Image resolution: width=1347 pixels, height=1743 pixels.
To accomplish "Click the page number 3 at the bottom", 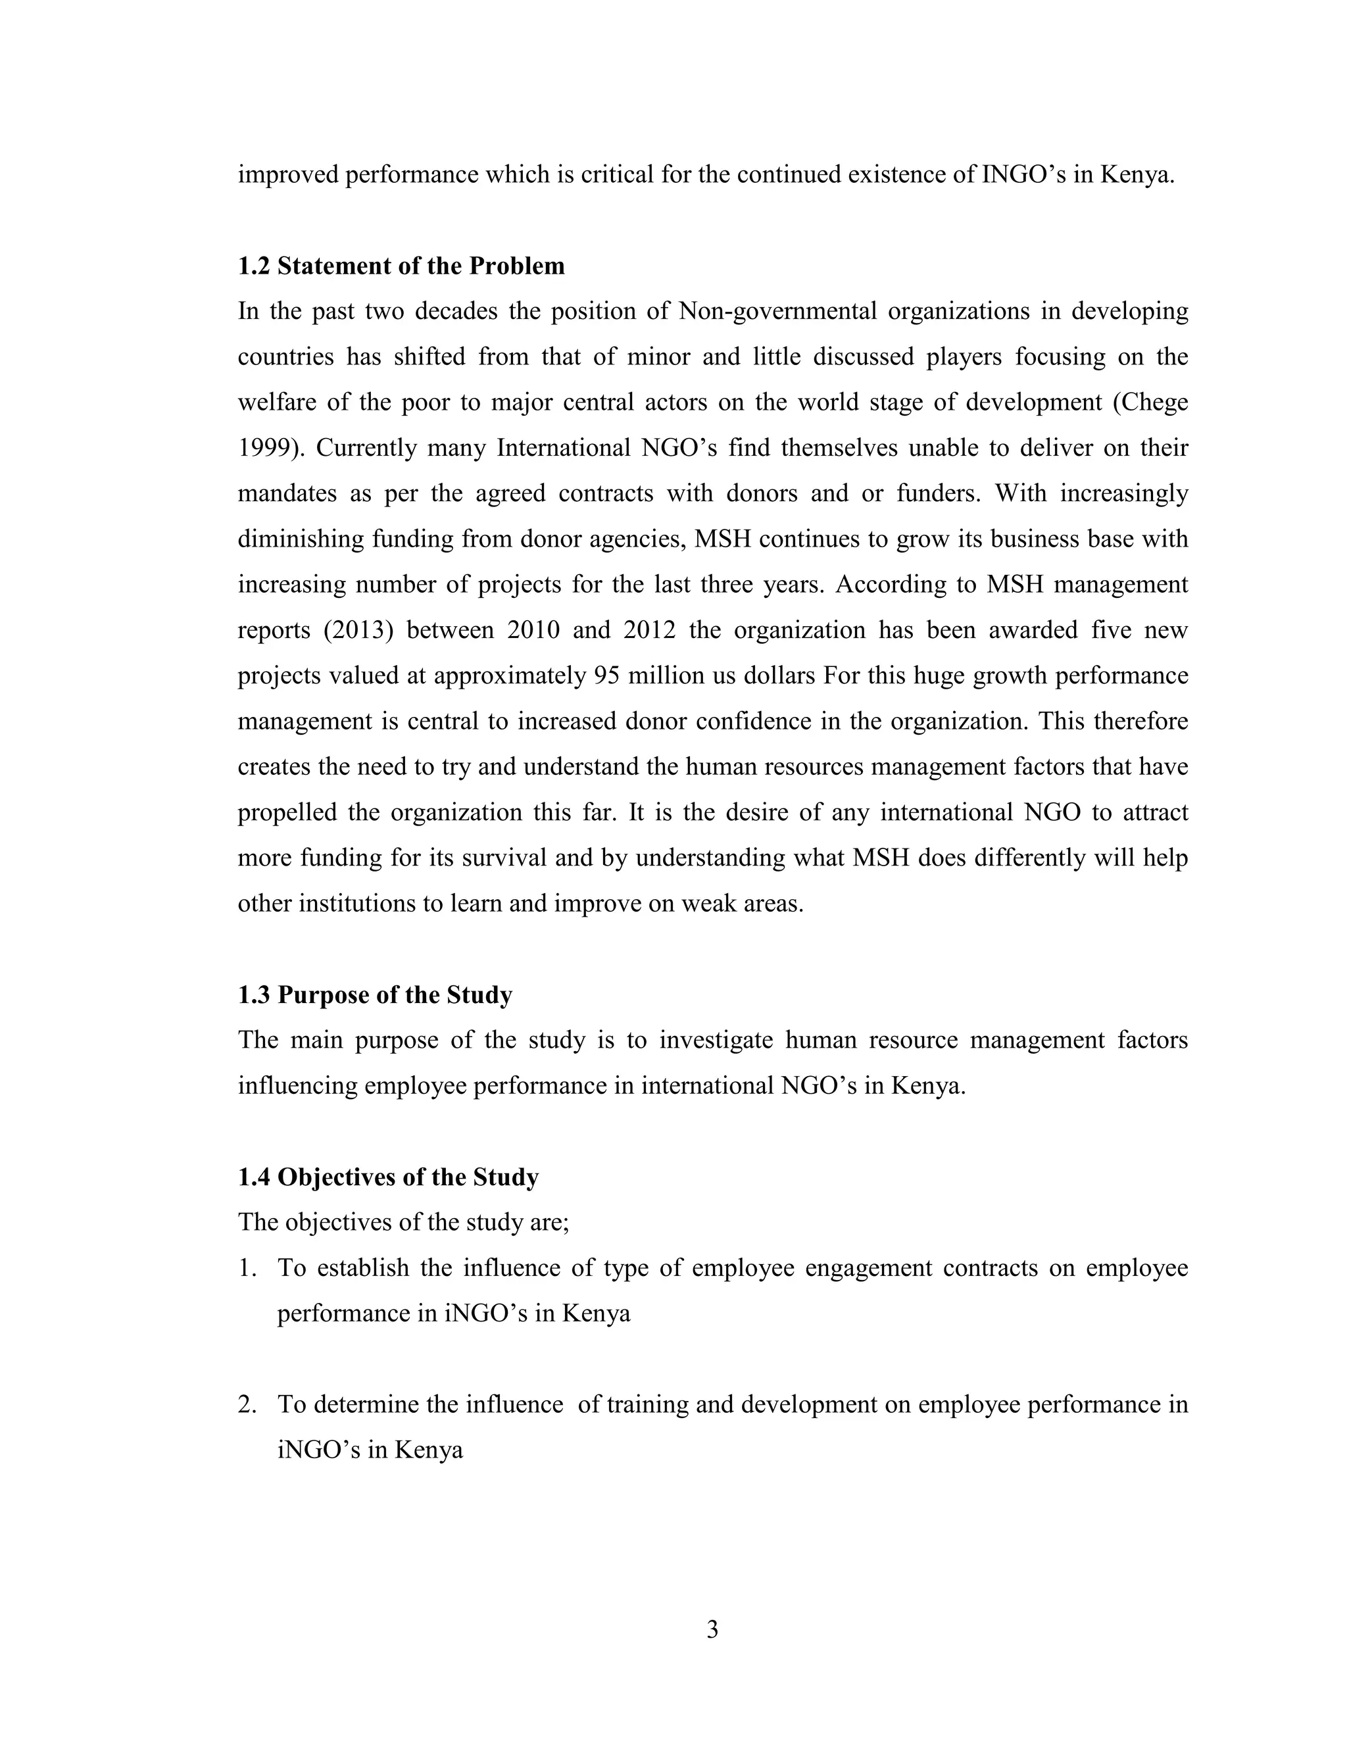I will (712, 1630).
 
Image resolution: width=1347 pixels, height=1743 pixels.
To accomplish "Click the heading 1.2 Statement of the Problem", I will (401, 266).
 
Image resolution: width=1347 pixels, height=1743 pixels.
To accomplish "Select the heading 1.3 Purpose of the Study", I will (375, 995).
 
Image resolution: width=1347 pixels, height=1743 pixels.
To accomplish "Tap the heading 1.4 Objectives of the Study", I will (388, 1177).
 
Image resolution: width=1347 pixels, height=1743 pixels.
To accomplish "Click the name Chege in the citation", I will (1154, 403).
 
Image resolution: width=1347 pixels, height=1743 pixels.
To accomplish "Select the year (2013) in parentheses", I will (359, 631).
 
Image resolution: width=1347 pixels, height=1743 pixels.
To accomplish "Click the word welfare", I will (276, 403).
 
